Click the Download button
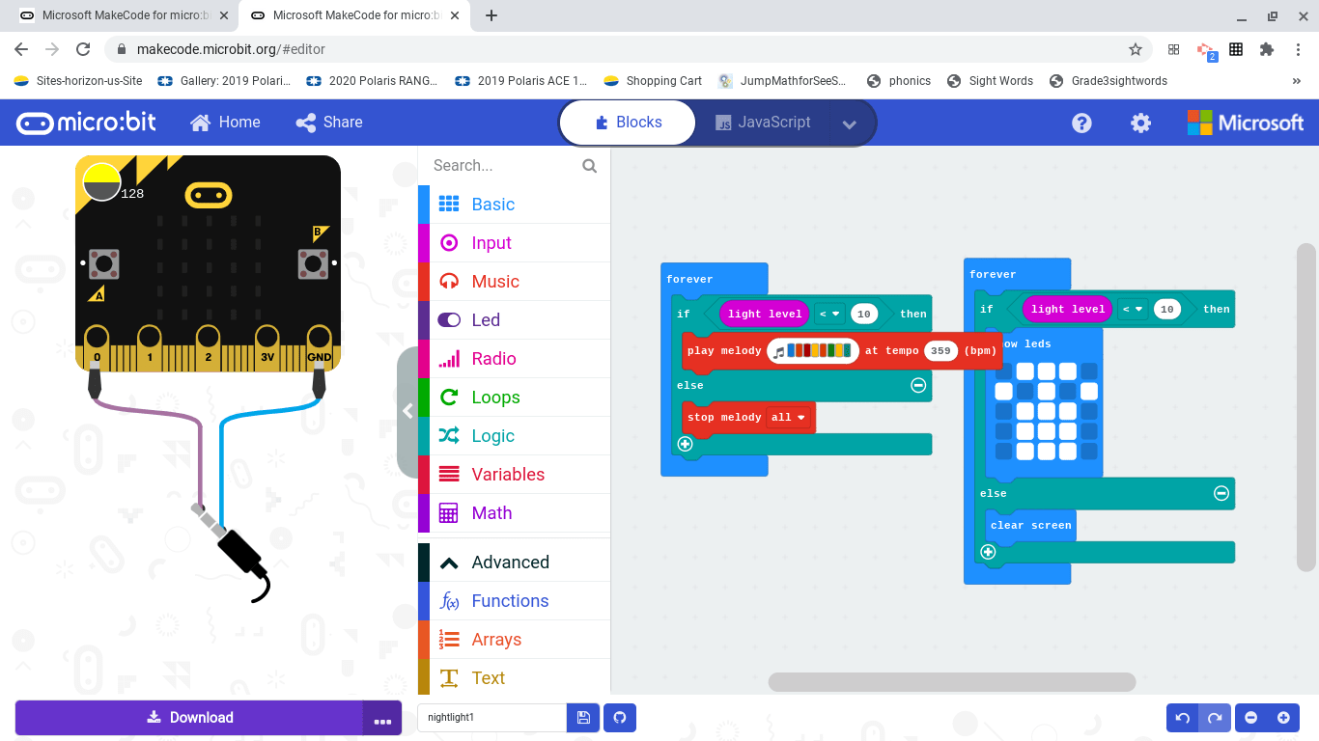tap(189, 718)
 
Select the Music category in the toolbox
tap(494, 282)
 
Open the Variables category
tap(507, 475)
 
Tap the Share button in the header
tap(329, 123)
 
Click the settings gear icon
tap(1140, 123)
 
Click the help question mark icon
tap(1081, 123)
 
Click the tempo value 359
tap(940, 351)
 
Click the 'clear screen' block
tap(1030, 526)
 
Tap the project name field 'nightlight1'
tap(491, 718)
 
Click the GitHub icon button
tap(620, 718)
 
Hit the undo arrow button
tap(1183, 718)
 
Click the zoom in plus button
tap(1283, 718)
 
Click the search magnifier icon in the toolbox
tap(590, 166)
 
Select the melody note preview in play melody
tap(813, 351)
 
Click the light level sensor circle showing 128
tap(101, 181)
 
